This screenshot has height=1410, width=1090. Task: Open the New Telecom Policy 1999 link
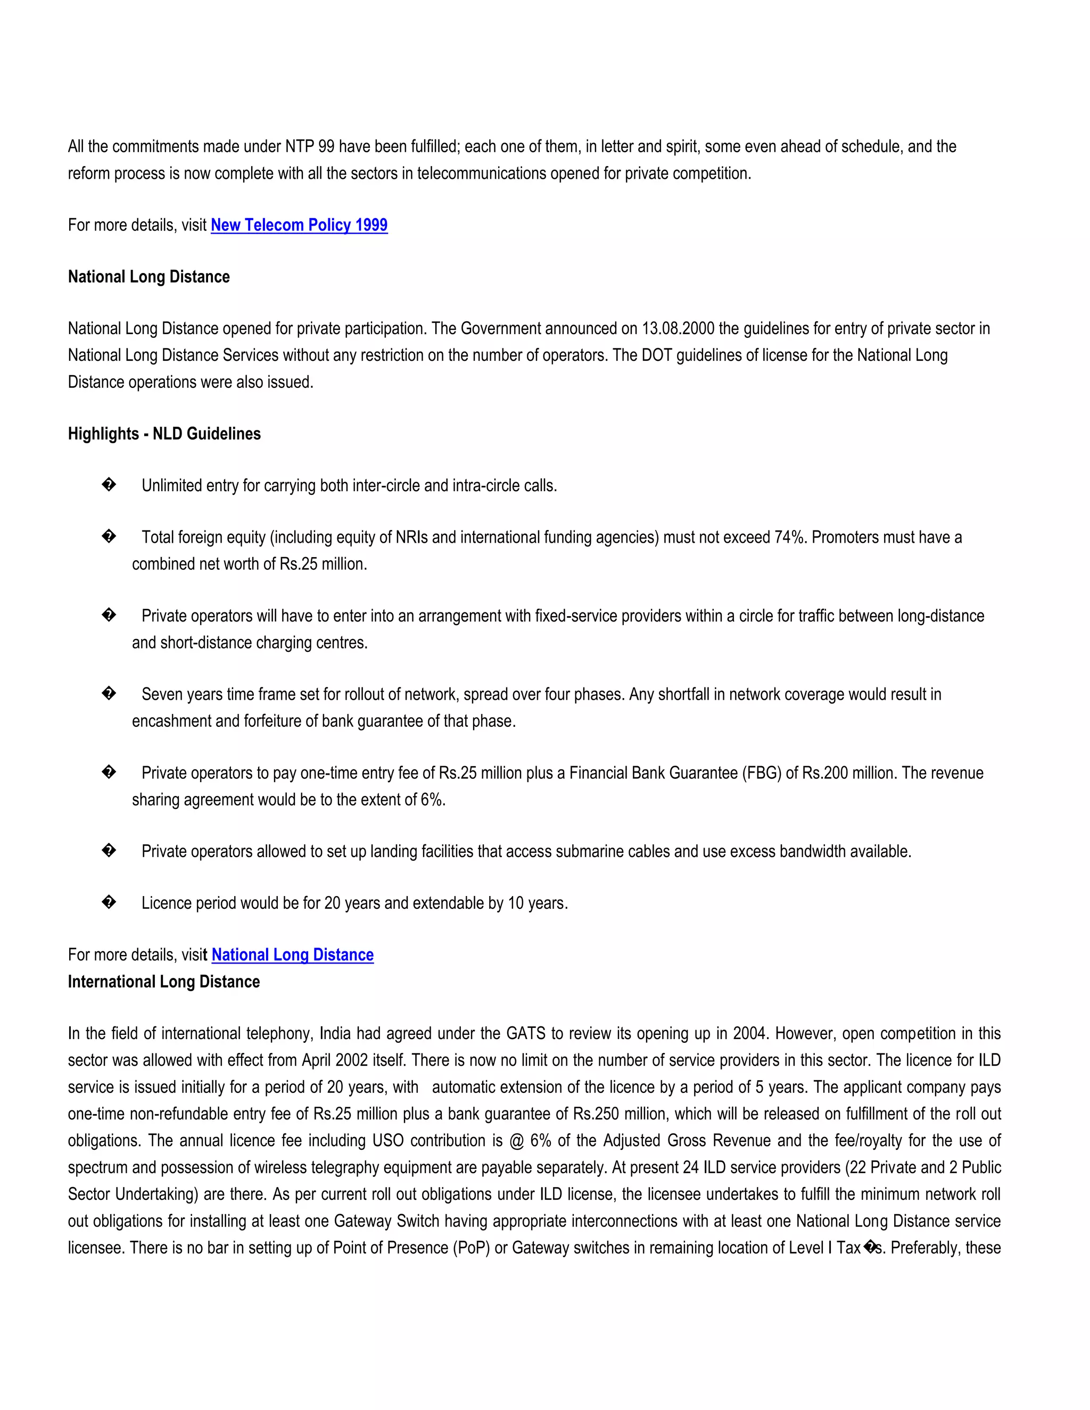[x=299, y=225]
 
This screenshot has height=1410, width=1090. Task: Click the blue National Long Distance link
[x=293, y=955]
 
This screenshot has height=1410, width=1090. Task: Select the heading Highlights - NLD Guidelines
[x=164, y=434]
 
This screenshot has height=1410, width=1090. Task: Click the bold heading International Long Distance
[x=164, y=982]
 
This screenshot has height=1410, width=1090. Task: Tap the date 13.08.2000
[x=678, y=329]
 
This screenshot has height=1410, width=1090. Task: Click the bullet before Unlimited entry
[x=109, y=485]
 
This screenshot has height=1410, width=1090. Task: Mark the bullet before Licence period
[x=109, y=902]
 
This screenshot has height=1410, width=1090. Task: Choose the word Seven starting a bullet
[x=161, y=695]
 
